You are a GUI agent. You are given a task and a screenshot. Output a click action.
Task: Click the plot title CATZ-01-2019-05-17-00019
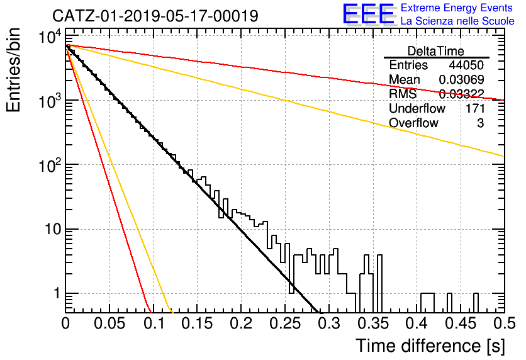155,16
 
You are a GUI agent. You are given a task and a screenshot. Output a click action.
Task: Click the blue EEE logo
368,14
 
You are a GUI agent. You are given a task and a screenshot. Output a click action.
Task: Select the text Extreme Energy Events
457,8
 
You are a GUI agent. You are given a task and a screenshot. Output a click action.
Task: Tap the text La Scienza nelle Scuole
457,21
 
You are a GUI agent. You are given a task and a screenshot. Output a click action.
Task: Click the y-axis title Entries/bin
14,70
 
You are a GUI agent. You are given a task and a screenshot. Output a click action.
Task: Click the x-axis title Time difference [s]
430,346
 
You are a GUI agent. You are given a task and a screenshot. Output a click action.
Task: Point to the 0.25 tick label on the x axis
285,323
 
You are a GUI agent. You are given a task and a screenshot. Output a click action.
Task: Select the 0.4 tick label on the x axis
417,323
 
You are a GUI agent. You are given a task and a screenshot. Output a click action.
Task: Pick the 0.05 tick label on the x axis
109,323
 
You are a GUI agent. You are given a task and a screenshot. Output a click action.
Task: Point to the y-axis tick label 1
57,293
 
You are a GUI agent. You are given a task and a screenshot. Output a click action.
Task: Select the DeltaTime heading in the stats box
436,51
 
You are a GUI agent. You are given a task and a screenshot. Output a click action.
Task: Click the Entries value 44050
466,65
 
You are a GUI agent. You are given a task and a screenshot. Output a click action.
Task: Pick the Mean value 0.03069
462,79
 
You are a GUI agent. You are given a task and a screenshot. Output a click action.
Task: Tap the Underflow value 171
475,108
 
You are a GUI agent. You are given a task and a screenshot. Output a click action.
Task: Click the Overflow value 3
481,123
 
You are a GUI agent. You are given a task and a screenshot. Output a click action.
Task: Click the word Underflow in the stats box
417,108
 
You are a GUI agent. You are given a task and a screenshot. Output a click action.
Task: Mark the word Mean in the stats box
404,79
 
